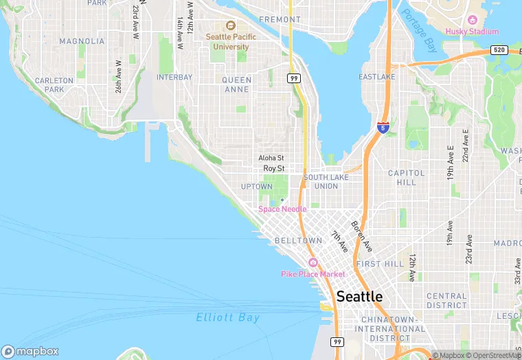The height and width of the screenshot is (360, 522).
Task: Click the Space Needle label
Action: pyautogui.click(x=282, y=209)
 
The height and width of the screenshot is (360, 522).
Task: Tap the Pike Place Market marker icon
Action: pyautogui.click(x=313, y=263)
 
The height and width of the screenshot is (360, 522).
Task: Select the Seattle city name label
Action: pyautogui.click(x=359, y=297)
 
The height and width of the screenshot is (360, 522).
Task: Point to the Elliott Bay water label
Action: pyautogui.click(x=228, y=317)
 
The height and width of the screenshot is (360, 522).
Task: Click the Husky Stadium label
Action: pyautogui.click(x=472, y=32)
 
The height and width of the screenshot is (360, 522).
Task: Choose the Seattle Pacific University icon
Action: pyautogui.click(x=231, y=25)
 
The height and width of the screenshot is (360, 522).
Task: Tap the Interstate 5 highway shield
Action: pyautogui.click(x=383, y=128)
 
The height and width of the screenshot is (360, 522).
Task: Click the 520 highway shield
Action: pyautogui.click(x=499, y=51)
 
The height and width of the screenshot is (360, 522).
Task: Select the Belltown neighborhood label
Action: pyautogui.click(x=298, y=240)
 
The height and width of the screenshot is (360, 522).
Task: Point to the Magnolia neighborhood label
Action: pyautogui.click(x=82, y=41)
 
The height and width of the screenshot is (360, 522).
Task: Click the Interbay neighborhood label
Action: pyautogui.click(x=174, y=78)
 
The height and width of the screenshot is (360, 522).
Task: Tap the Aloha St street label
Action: pyautogui.click(x=271, y=157)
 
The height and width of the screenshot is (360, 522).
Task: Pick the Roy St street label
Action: pyautogui.click(x=273, y=168)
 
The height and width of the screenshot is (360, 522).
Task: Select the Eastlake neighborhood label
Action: pyautogui.click(x=377, y=77)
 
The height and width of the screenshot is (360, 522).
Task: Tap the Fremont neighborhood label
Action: pyautogui.click(x=280, y=20)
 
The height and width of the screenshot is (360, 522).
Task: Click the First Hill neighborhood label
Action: pyautogui.click(x=380, y=264)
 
